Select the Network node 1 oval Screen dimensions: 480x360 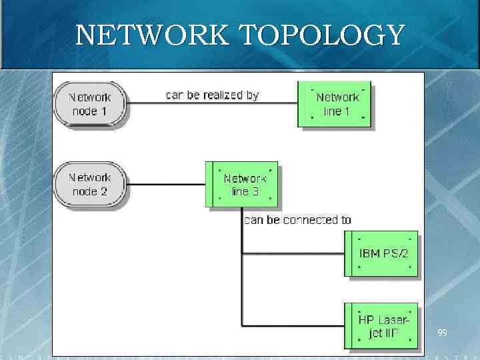coord(89,104)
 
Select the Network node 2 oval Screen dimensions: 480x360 coord(89,185)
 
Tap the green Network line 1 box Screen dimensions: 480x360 coord(336,105)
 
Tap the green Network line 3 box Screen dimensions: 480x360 coord(244,185)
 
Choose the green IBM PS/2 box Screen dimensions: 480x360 coord(382,253)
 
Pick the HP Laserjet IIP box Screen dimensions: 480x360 coord(382,326)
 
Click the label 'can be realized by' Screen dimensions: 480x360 coord(212,95)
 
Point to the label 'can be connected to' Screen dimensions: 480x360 coord(297,219)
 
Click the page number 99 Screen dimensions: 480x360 coord(443,332)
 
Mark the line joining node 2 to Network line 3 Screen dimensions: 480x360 coord(167,185)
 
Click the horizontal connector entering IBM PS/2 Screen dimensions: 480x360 coord(293,253)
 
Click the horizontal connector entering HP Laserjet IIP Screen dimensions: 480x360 coord(293,326)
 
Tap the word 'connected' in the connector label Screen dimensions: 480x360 coord(311,219)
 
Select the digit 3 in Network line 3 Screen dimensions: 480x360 coord(255,192)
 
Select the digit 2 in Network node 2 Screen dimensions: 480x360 coord(104,192)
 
